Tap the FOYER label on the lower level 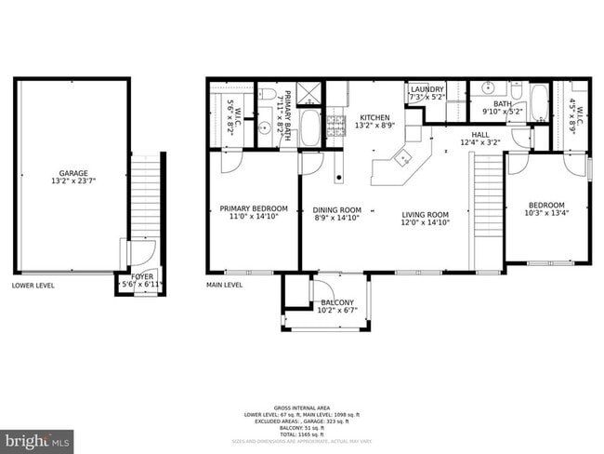pyautogui.click(x=142, y=276)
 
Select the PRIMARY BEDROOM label pyautogui.click(x=253, y=208)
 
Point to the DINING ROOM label pyautogui.click(x=336, y=210)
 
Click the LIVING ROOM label pyautogui.click(x=425, y=215)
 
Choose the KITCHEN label pyautogui.click(x=375, y=118)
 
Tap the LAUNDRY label pyautogui.click(x=427, y=90)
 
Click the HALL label pyautogui.click(x=479, y=135)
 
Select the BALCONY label pyautogui.click(x=337, y=302)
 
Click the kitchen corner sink pyautogui.click(x=404, y=157)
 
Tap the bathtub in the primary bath pyautogui.click(x=310, y=127)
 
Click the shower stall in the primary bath pyautogui.click(x=310, y=93)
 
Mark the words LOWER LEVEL pyautogui.click(x=33, y=285)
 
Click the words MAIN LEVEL pyautogui.click(x=224, y=285)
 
